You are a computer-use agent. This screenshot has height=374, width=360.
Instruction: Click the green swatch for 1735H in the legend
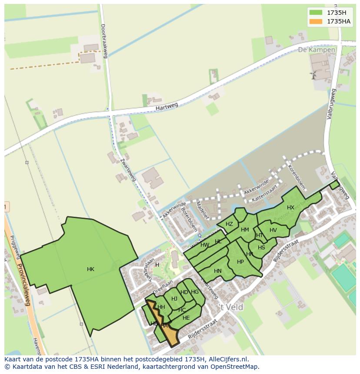tap(316, 12)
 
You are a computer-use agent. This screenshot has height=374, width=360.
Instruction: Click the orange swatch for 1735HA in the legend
tap(316, 21)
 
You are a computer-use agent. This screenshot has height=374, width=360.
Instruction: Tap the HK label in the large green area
tap(90, 269)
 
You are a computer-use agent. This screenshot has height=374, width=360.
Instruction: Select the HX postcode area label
tap(290, 208)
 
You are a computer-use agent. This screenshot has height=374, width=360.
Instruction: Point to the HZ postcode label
tap(229, 224)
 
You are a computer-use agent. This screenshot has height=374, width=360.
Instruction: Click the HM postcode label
tap(245, 230)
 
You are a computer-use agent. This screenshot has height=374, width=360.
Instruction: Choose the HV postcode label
tap(273, 230)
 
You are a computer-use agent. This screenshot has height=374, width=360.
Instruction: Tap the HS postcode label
tap(261, 248)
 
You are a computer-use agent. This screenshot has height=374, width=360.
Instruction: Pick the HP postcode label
tap(240, 262)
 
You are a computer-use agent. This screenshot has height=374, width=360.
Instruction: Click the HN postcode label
tap(218, 271)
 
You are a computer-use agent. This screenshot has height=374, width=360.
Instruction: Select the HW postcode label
tap(205, 245)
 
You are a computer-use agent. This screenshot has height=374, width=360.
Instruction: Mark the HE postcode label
tap(186, 318)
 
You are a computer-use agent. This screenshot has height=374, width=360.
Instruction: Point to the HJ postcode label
tap(174, 298)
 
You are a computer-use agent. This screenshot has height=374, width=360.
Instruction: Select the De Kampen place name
tap(317, 50)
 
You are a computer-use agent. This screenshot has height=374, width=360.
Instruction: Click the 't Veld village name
tap(230, 307)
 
